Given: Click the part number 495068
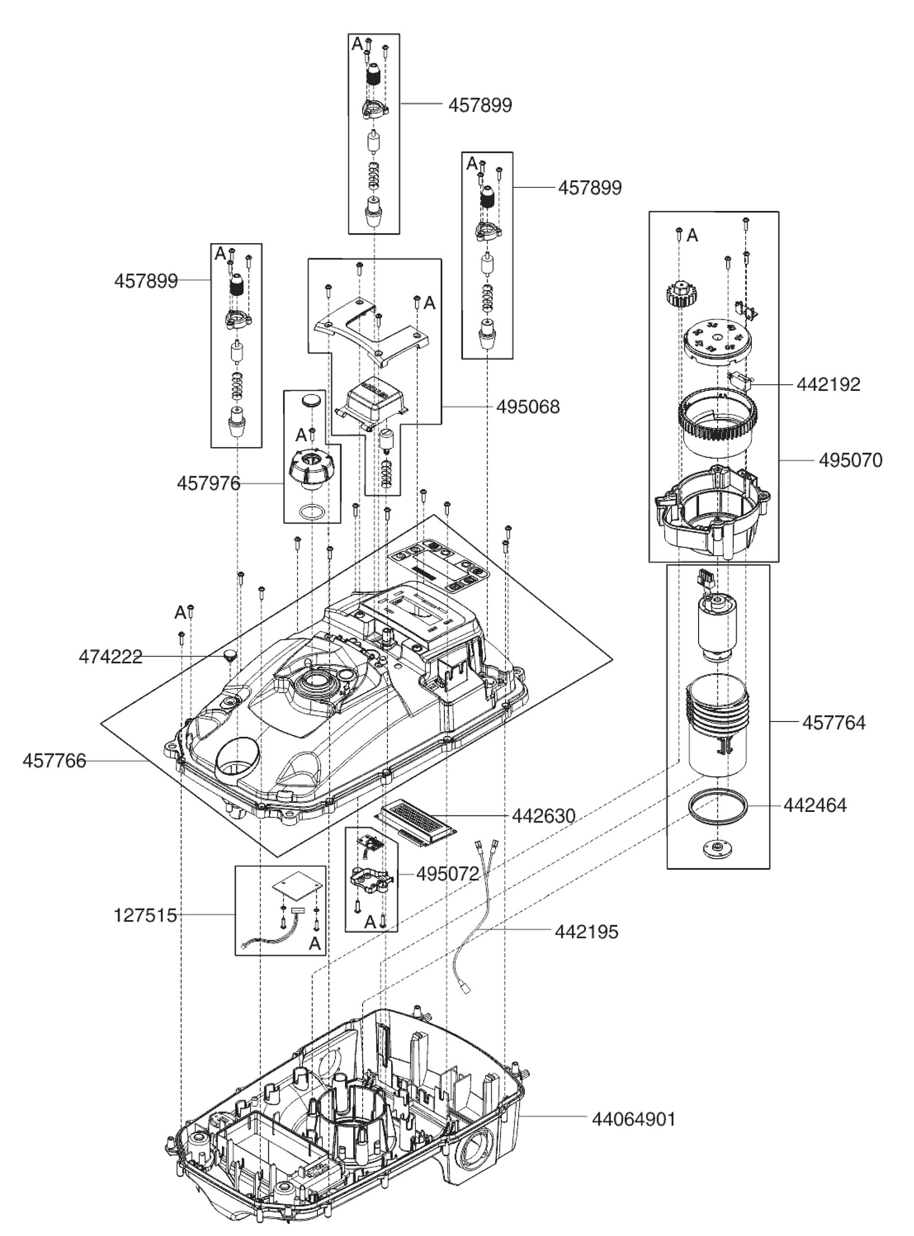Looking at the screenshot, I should (x=527, y=407).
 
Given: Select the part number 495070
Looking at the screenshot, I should (x=850, y=461).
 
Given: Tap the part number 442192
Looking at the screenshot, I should (x=828, y=385).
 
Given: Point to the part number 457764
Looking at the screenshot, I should (x=833, y=723).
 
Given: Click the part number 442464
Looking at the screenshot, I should (x=815, y=805).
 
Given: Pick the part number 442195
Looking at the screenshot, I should (x=586, y=932).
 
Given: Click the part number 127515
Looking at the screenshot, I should (x=145, y=915).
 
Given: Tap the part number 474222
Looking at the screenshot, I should (x=110, y=657).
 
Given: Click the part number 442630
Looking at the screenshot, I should (x=543, y=816).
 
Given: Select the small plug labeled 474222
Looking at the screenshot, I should (x=229, y=657).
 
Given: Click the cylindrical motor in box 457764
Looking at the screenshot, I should (x=717, y=627).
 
